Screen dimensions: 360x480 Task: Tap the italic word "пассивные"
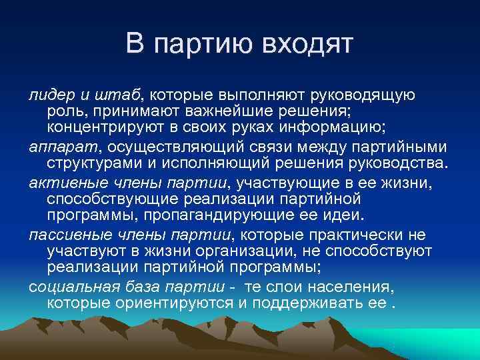[x=63, y=235]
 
